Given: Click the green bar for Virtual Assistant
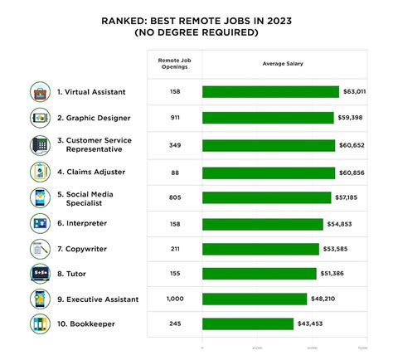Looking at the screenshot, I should point(270,92).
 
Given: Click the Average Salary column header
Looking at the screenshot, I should point(281,64).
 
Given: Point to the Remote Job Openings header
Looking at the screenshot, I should point(174,64).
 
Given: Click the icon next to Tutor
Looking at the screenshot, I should point(40,273).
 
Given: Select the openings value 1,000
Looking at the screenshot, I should point(174,298).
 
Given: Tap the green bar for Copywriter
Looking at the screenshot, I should point(260,249).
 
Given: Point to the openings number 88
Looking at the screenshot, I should point(174,172).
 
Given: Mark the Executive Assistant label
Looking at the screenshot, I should point(104,298).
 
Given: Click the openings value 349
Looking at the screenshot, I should point(174,145).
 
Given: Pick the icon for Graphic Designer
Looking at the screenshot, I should point(40,118).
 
